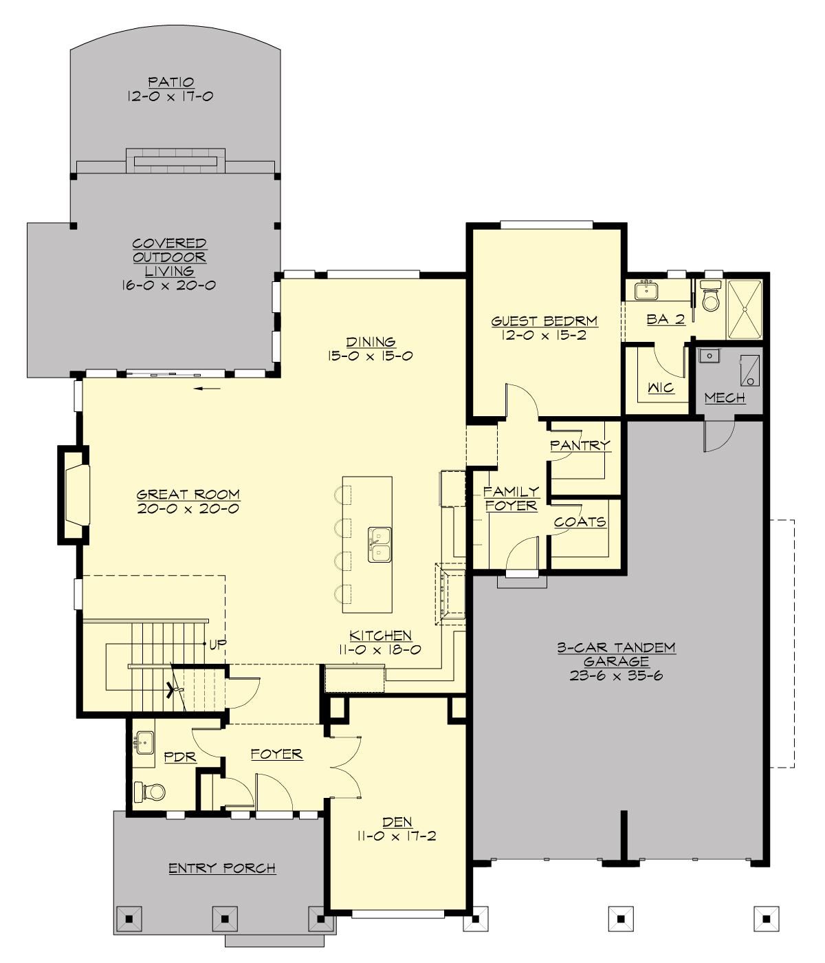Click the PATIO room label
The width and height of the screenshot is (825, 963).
tap(170, 82)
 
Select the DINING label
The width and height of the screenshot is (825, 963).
tap(371, 341)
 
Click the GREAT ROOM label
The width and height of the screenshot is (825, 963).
tap(188, 494)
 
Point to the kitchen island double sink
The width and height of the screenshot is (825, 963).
tap(379, 545)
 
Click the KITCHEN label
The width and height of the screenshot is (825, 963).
tap(380, 636)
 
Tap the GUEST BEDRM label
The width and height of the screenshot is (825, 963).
tap(544, 321)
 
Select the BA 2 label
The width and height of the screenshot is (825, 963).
tap(665, 319)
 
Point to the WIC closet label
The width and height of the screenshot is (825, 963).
tap(661, 388)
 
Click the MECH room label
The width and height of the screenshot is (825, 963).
tap(725, 398)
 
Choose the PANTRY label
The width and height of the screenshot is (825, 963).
tap(580, 445)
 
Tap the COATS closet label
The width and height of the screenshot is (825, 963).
tap(580, 522)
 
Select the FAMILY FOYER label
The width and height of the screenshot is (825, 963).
tap(511, 499)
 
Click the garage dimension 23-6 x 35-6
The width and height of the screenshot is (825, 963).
tap(616, 675)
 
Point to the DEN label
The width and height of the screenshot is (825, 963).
tap(397, 822)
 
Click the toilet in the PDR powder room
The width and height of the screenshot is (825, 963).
tap(150, 792)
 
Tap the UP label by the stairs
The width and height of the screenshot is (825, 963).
tap(218, 645)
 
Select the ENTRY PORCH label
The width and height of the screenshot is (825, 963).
tap(222, 868)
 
